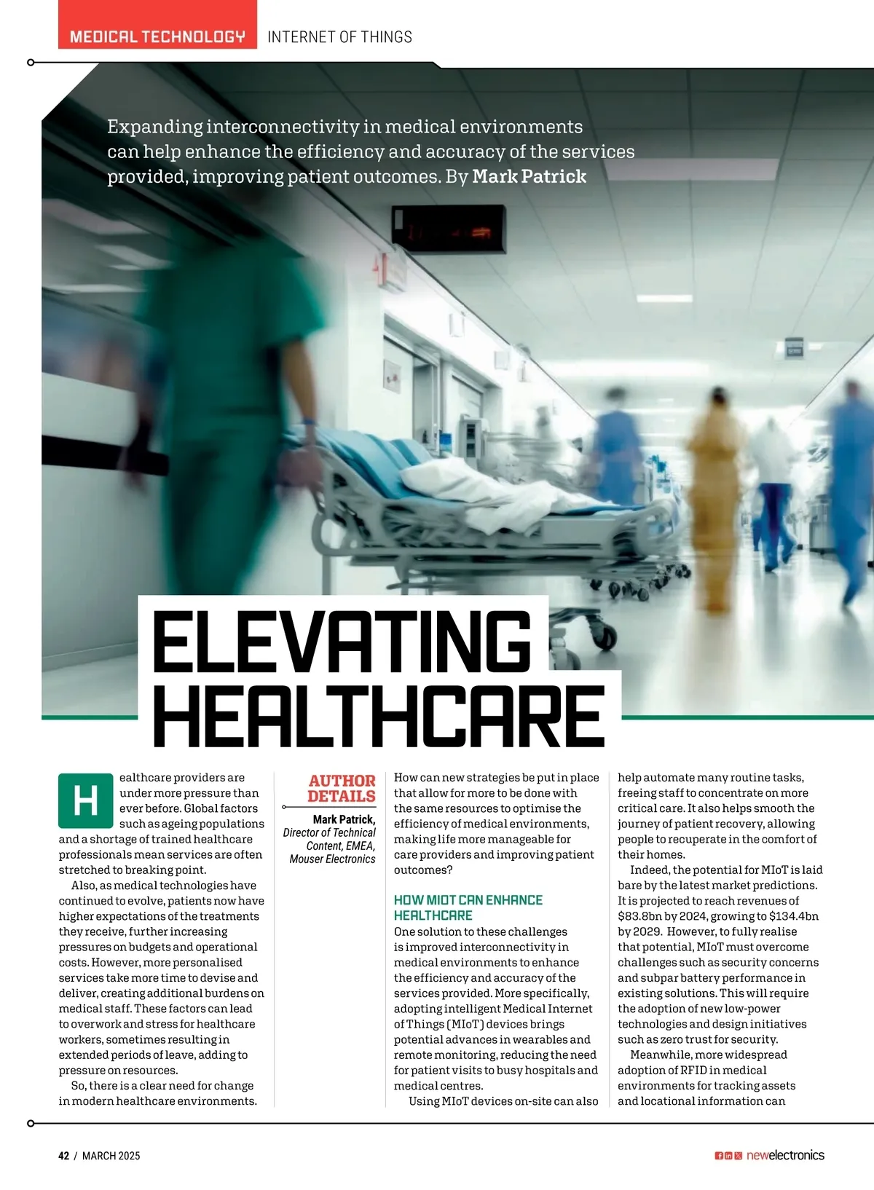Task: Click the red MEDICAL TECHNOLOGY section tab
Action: [x=157, y=36]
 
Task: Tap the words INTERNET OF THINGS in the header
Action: [x=339, y=37]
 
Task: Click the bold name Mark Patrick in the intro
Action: [x=529, y=177]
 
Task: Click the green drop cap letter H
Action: [x=86, y=800]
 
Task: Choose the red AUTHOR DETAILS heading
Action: [x=341, y=788]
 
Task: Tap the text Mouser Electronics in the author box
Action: [x=332, y=859]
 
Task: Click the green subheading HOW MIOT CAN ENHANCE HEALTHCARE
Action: [x=468, y=907]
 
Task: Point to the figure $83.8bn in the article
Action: [x=639, y=916]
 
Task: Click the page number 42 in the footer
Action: [x=64, y=1156]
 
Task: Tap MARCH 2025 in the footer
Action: [x=111, y=1156]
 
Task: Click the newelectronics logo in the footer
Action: [x=785, y=1156]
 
